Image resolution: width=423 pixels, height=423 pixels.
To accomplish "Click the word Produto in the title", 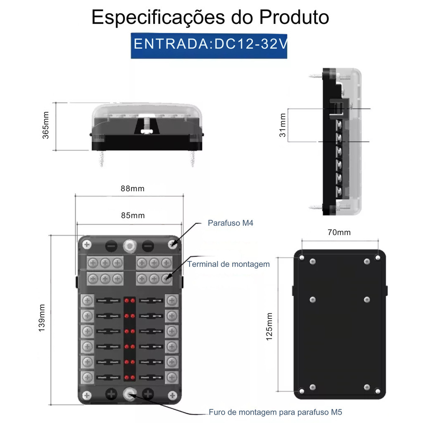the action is [294, 17].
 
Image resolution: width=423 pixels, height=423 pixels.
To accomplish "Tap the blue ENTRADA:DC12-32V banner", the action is [209, 45].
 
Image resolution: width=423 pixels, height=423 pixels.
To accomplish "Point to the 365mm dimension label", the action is [45, 125].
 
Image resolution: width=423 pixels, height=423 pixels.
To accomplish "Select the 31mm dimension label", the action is [283, 125].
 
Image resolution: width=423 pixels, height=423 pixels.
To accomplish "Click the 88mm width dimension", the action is [133, 188].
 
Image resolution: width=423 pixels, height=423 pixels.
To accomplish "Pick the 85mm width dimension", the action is [133, 215].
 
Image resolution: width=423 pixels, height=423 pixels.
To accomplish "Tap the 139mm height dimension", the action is [42, 318].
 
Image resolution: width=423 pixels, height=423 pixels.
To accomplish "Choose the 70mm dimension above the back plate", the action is [339, 232].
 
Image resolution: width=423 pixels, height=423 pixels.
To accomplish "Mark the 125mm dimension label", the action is [269, 326].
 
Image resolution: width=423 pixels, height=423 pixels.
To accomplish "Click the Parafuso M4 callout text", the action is [231, 223].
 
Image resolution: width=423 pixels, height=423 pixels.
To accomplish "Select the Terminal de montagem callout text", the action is [228, 264].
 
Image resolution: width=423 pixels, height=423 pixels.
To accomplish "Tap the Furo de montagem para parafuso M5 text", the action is [276, 412].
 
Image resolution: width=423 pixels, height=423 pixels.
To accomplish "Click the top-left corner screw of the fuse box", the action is [87, 245].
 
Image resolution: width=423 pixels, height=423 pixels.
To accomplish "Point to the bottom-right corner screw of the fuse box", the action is [172, 395].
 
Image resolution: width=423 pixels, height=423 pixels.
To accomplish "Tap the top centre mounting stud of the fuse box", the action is [130, 246].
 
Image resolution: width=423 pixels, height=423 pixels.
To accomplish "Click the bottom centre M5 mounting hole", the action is [130, 395].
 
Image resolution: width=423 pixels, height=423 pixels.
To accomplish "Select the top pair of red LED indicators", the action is [129, 300].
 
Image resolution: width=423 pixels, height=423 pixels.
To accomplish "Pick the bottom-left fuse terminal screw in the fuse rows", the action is [87, 377].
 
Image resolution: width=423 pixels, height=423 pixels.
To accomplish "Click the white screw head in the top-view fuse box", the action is [147, 131].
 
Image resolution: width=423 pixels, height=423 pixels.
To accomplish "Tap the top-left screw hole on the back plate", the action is [302, 258].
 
